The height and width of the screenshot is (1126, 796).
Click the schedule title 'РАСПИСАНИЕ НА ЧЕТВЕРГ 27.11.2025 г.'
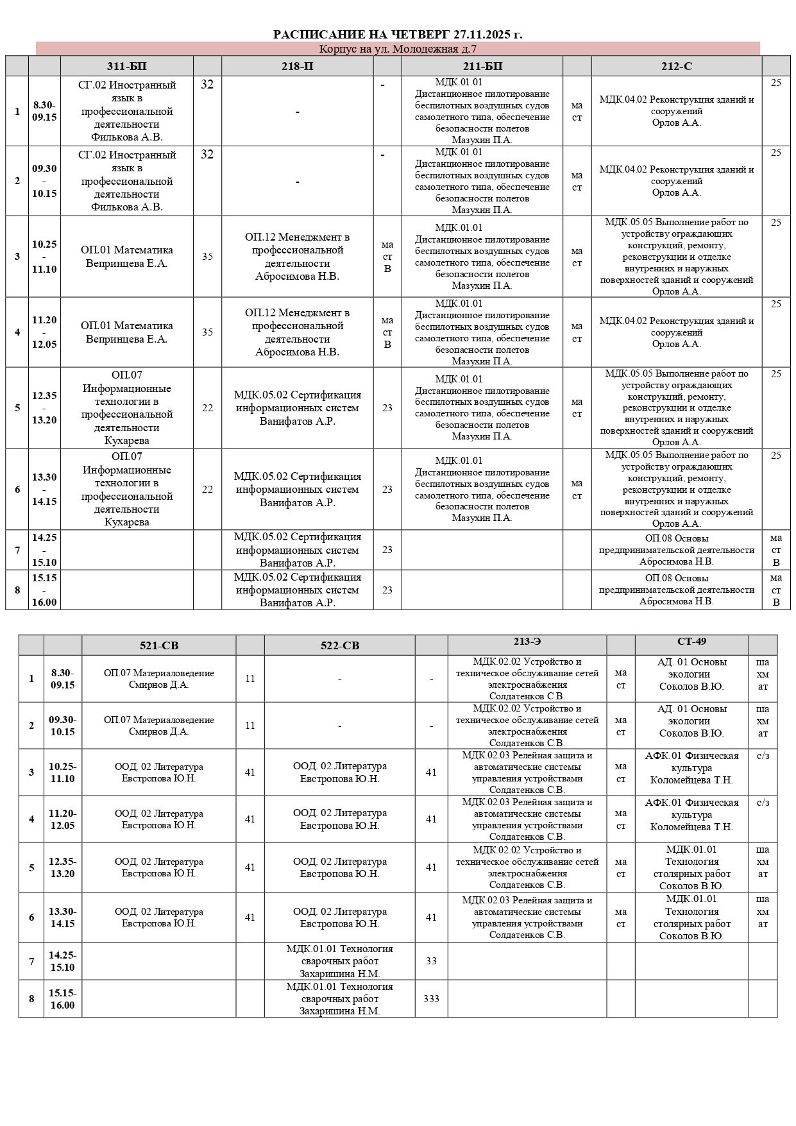[398, 35]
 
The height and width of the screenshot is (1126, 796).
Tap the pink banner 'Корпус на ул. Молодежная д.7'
[398, 49]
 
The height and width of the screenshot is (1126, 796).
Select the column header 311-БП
[126, 66]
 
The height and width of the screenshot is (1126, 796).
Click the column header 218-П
[298, 66]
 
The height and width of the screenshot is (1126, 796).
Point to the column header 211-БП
[482, 66]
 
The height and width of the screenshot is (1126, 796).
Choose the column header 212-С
[677, 66]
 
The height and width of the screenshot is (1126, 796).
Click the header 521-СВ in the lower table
[159, 645]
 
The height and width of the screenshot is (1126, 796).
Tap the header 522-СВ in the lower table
[340, 645]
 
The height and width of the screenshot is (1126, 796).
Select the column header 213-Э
[527, 642]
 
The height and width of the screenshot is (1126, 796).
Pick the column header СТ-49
[691, 642]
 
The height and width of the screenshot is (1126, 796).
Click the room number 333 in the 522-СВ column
[431, 999]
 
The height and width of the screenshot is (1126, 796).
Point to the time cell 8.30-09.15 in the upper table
[44, 111]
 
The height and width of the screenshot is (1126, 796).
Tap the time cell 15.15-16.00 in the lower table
[62, 999]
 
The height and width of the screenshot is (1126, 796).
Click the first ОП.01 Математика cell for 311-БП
[126, 257]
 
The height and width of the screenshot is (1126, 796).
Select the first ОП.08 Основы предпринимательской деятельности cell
[677, 550]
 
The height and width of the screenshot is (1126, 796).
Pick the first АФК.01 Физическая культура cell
[691, 768]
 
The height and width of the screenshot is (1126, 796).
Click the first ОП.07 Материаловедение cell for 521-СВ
[159, 679]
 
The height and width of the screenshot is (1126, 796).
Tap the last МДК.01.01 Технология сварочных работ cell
[340, 999]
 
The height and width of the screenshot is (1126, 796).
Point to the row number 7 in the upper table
[17, 550]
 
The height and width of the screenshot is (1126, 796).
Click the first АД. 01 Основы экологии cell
[691, 674]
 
